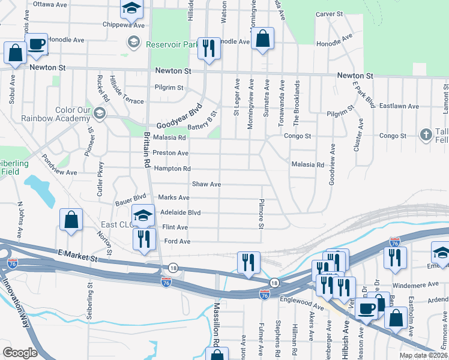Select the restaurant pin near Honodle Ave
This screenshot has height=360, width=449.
[x=208, y=47]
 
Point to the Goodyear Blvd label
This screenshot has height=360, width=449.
[x=178, y=119]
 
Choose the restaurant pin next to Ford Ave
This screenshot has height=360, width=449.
[x=143, y=239]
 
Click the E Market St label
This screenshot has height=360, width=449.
[x=77, y=257]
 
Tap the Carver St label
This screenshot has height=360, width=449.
[x=329, y=13]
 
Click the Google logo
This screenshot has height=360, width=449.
[x=20, y=353]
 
